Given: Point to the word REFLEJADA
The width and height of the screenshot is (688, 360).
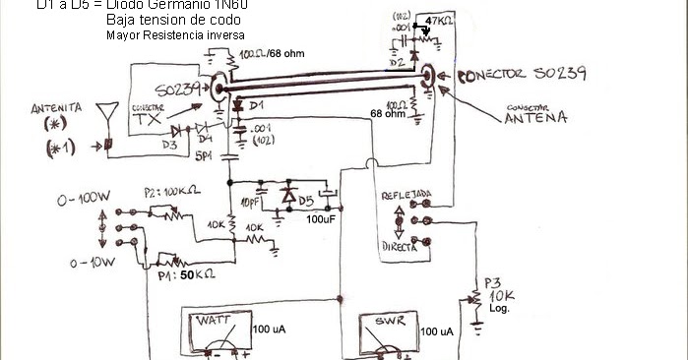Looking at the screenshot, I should [x=405, y=195].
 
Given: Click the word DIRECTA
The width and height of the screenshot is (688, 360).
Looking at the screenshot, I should [x=402, y=248].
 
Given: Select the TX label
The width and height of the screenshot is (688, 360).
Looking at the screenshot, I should [x=145, y=119].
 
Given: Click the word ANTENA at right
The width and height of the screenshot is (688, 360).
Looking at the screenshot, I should [x=535, y=118].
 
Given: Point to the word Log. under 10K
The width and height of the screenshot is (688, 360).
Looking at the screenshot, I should [x=499, y=308].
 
